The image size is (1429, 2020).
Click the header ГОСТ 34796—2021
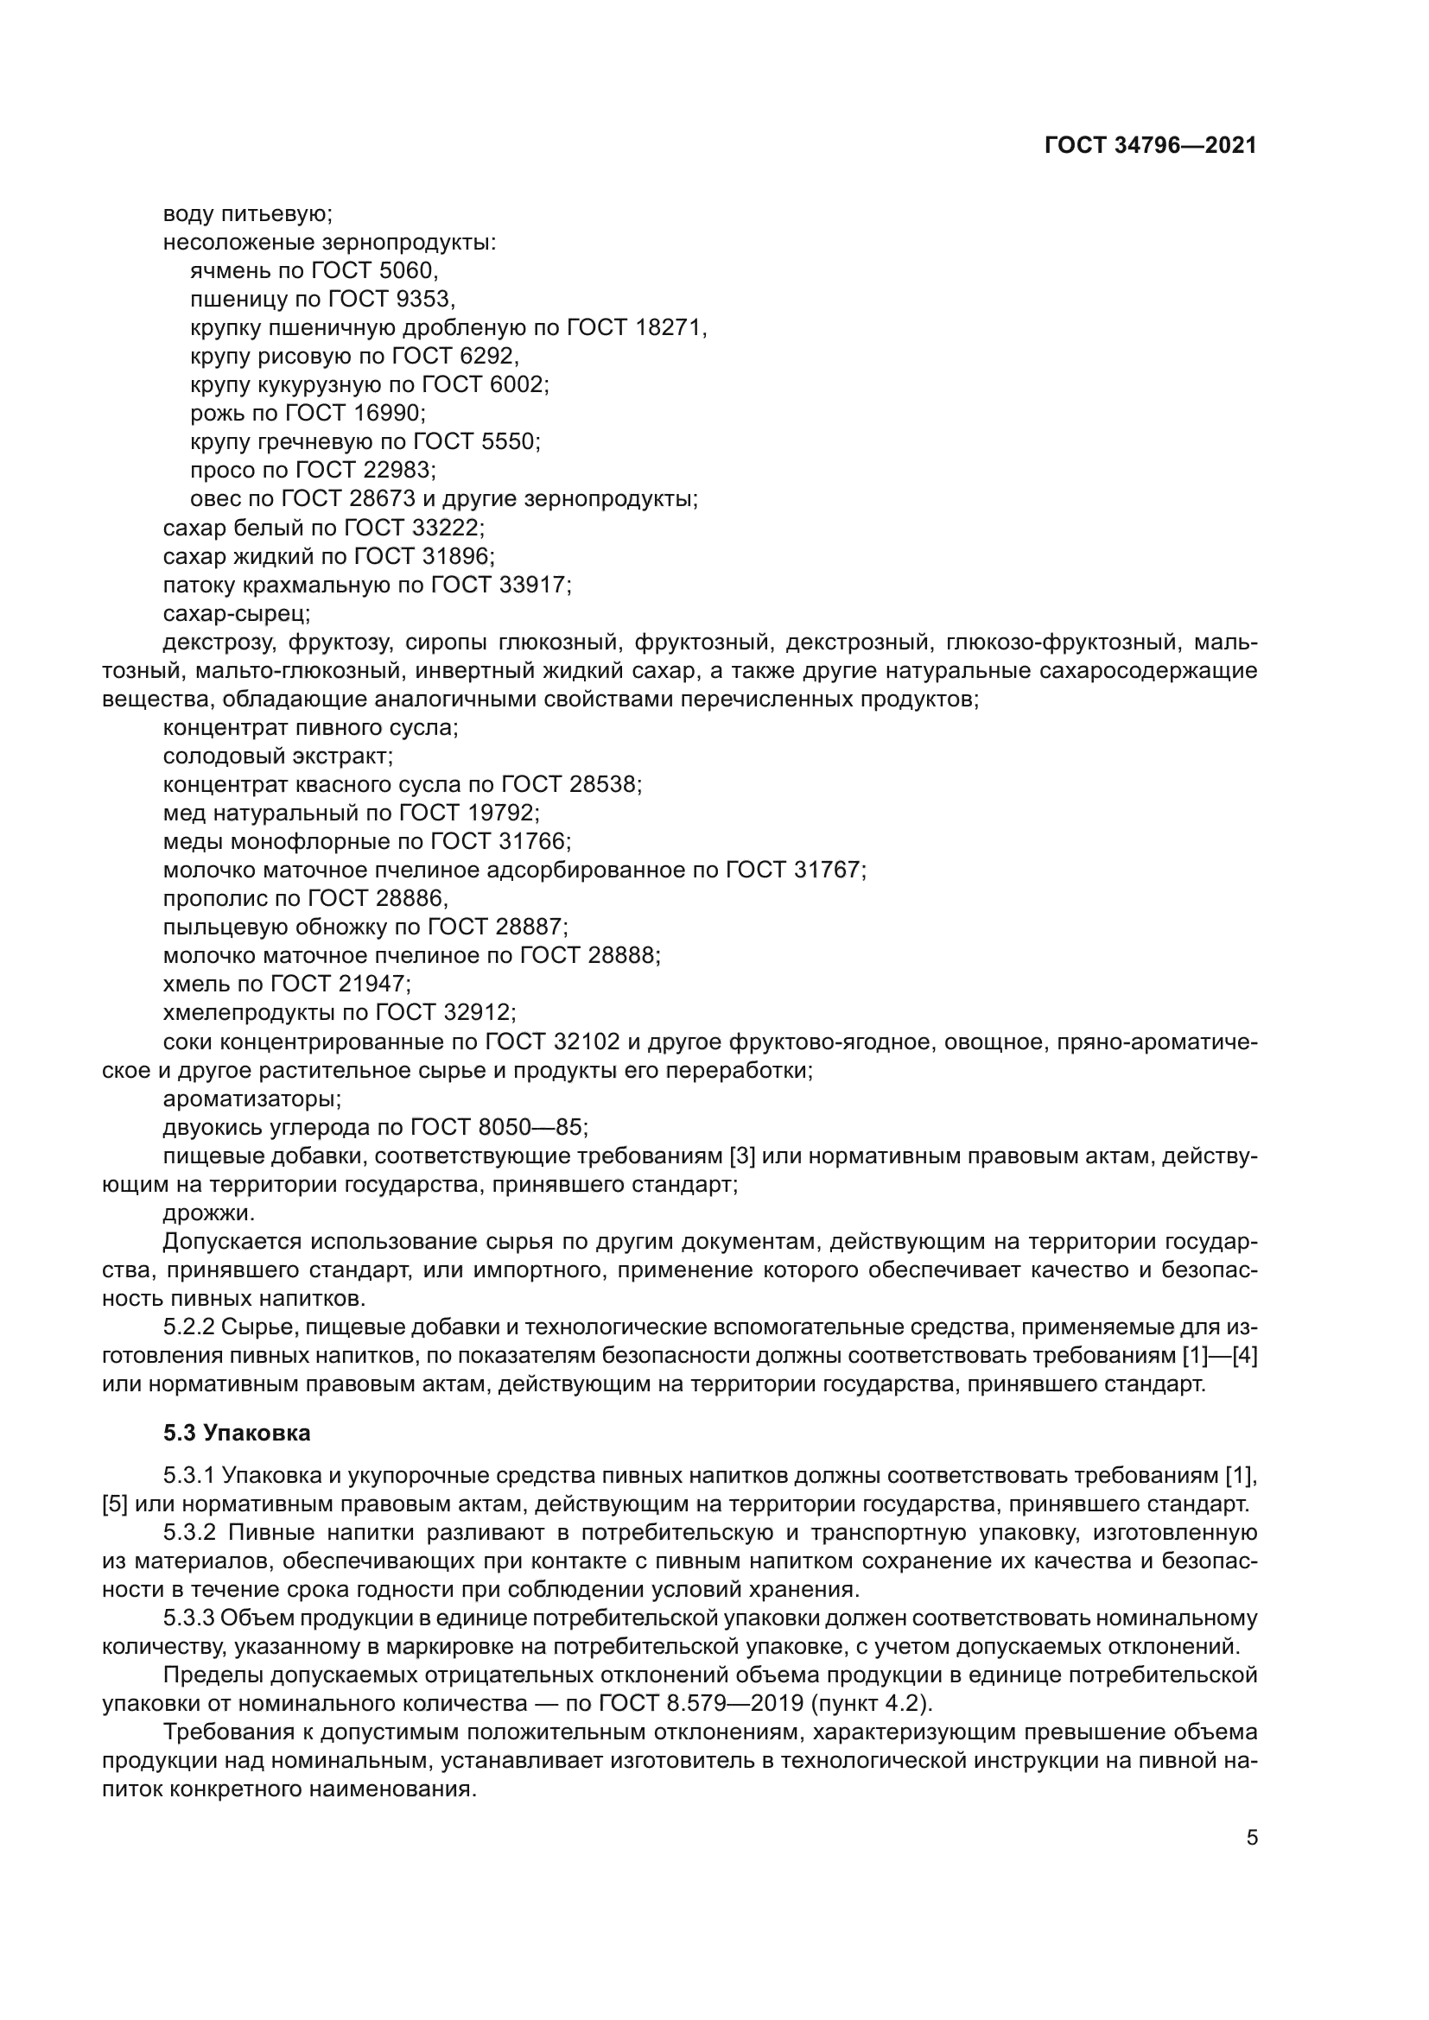coord(1150,146)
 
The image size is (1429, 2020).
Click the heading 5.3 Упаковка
coord(237,1434)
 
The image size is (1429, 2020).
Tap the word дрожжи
coord(207,1213)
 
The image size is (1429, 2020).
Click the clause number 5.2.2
coord(189,1327)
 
